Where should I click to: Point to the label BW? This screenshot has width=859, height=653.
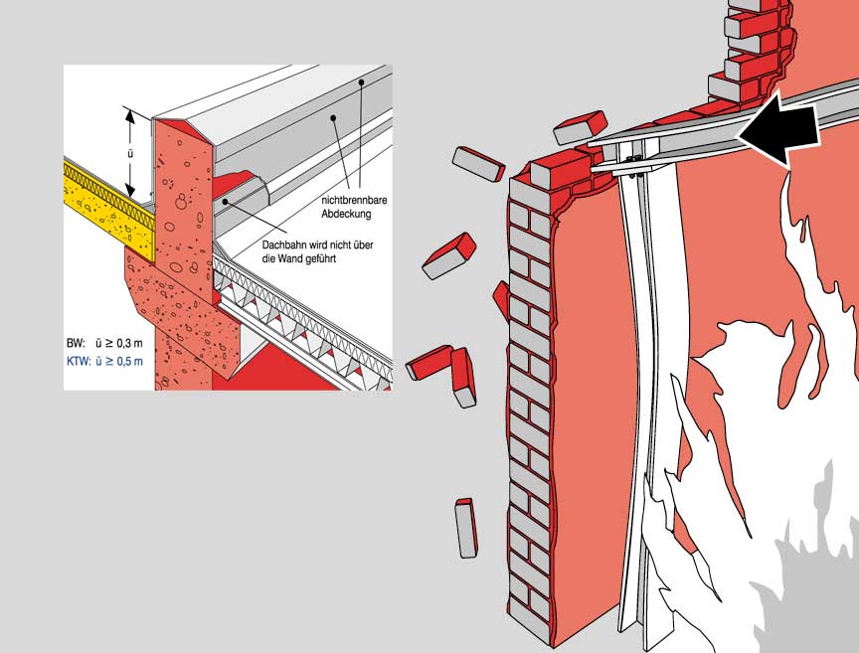pyautogui.click(x=76, y=343)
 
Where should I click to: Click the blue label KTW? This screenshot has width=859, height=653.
pyautogui.click(x=79, y=361)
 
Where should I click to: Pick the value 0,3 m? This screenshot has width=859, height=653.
pyautogui.click(x=127, y=343)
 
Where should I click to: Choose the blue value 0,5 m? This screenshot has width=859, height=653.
pyautogui.click(x=127, y=361)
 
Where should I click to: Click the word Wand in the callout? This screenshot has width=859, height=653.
pyautogui.click(x=283, y=256)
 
